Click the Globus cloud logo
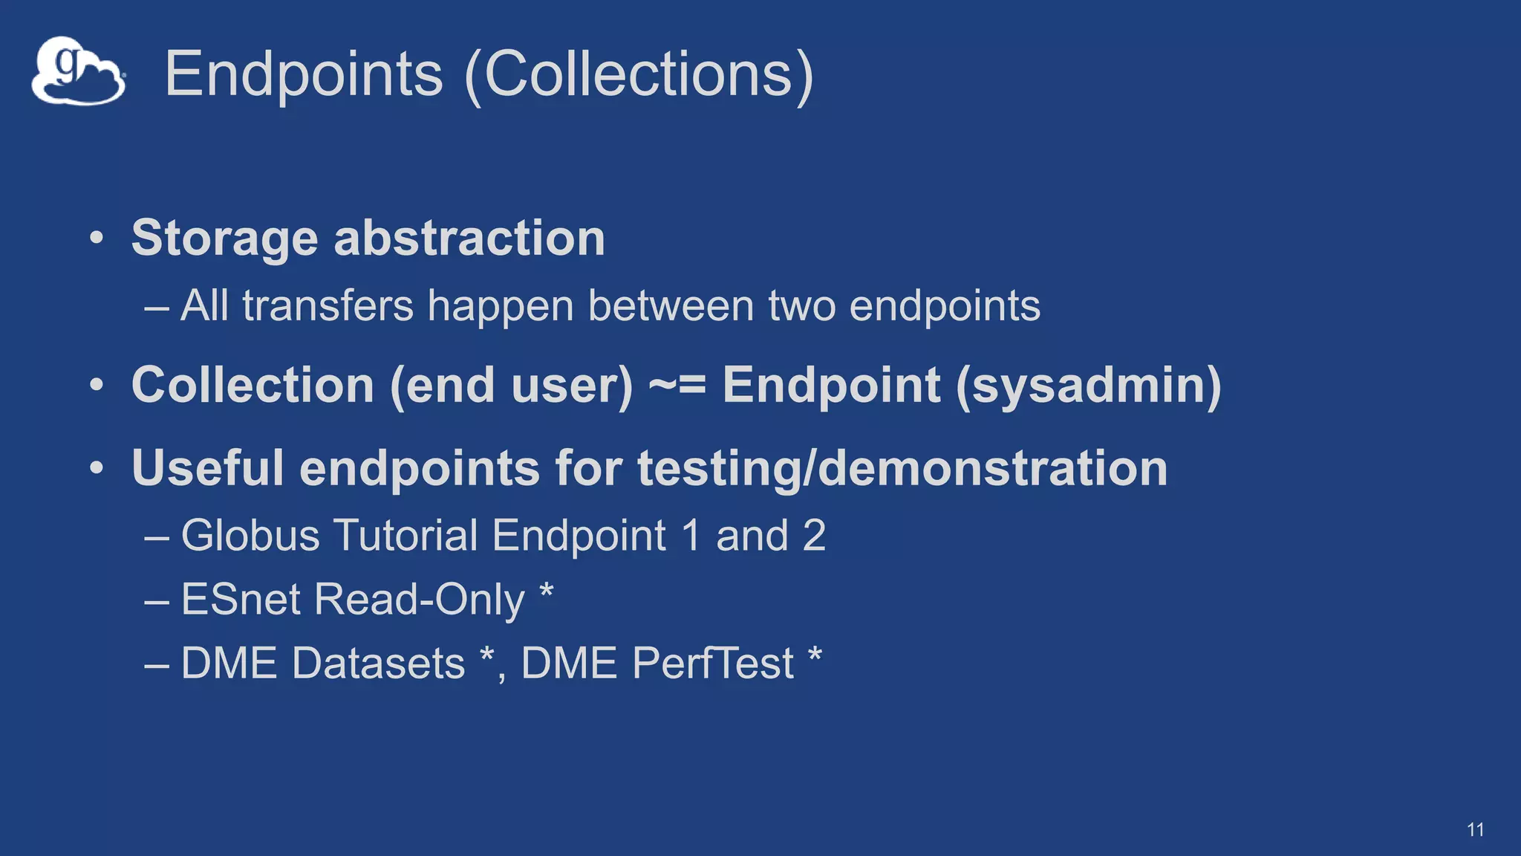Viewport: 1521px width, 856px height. tap(78, 71)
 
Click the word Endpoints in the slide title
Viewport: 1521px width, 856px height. tap(303, 74)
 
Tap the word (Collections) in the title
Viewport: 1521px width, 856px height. tap(639, 74)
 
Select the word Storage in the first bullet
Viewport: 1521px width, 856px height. tap(224, 239)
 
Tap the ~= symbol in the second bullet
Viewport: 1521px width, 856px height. tap(677, 386)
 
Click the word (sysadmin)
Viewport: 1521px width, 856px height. tap(1088, 386)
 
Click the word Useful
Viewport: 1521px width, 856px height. tap(207, 467)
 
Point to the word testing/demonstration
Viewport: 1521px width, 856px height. tap(902, 468)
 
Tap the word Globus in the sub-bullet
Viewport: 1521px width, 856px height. tap(250, 535)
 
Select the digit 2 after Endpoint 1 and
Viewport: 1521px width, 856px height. tap(814, 535)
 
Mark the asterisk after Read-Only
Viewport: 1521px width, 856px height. tap(546, 593)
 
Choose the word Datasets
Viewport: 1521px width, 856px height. tap(378, 663)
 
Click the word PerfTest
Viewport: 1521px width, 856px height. tap(713, 663)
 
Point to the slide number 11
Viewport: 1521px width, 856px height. tap(1475, 830)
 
